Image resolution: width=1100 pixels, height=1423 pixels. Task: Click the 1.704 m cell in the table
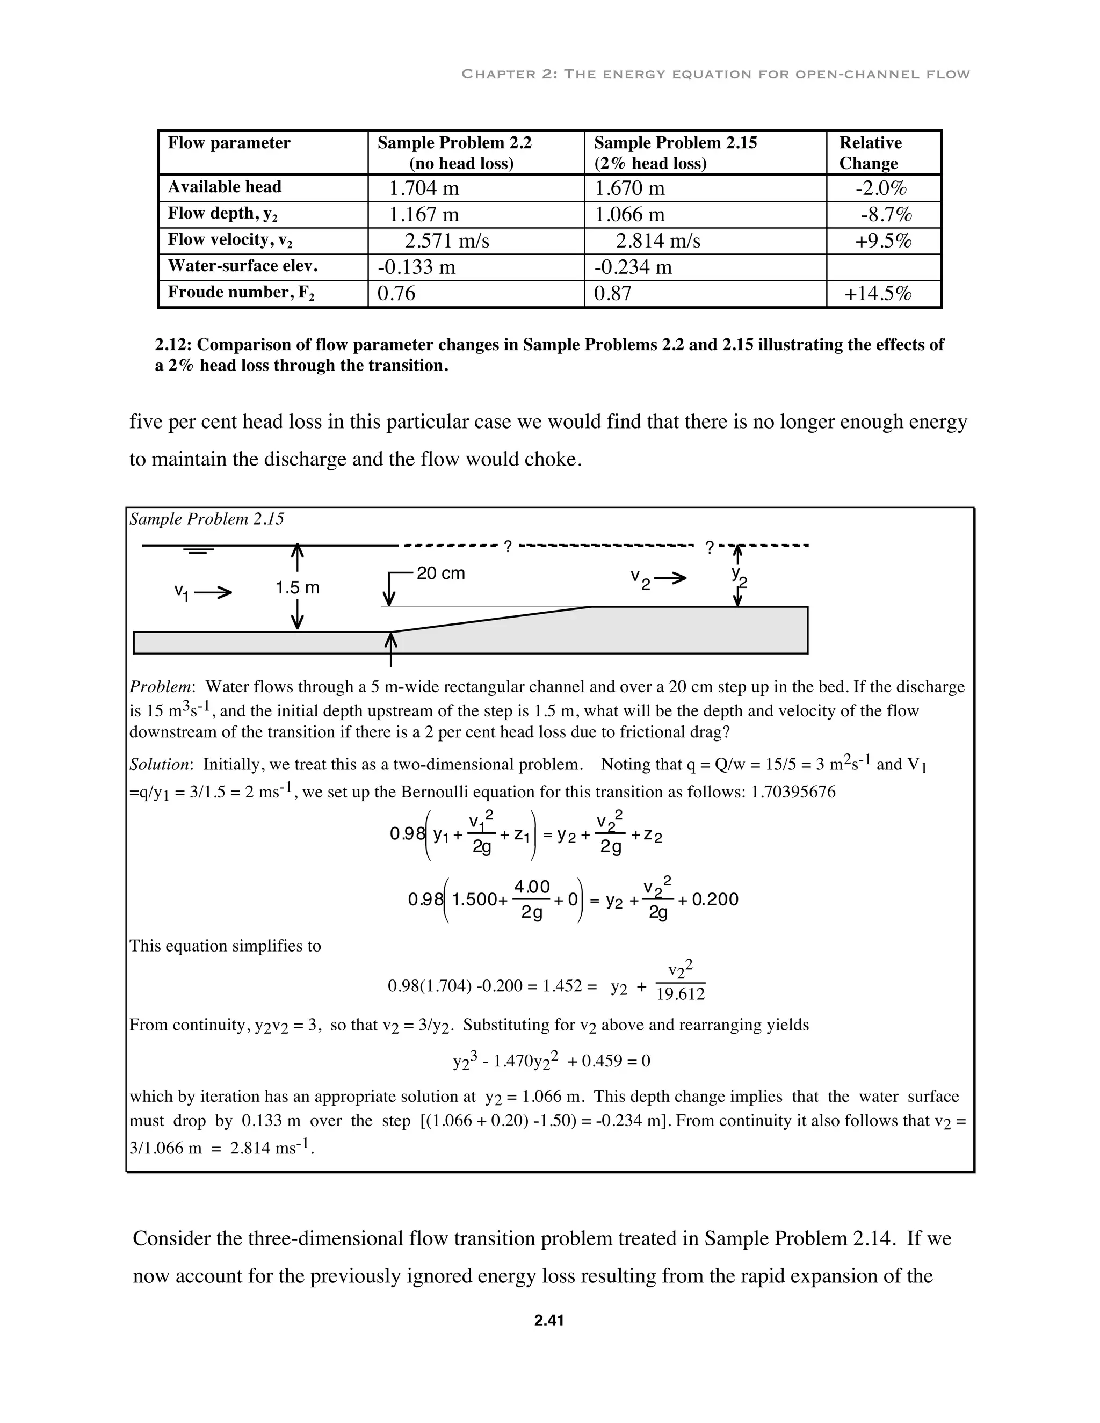click(424, 188)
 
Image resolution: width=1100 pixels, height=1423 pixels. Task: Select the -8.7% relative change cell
click(886, 214)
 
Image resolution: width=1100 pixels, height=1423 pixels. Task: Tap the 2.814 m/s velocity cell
click(657, 241)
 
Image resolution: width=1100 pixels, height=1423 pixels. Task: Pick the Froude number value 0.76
click(396, 293)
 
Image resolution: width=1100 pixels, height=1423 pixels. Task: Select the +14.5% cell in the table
click(878, 294)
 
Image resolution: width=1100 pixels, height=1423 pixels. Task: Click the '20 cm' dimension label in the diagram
click(440, 573)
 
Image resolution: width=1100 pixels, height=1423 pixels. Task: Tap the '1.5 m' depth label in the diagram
click(297, 587)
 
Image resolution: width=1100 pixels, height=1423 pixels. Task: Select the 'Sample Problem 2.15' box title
click(207, 519)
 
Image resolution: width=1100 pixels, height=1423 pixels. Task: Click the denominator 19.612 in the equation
click(681, 993)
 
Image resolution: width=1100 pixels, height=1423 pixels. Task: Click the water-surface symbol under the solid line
click(199, 551)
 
